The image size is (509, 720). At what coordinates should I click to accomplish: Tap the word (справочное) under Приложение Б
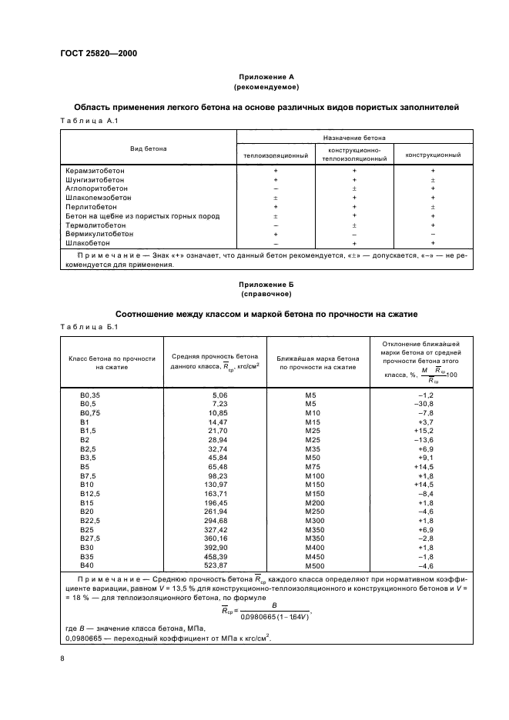click(x=254, y=294)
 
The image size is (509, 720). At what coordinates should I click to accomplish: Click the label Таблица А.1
click(x=87, y=121)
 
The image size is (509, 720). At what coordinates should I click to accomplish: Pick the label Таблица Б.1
click(x=87, y=327)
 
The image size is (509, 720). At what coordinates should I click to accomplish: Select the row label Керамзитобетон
click(x=95, y=171)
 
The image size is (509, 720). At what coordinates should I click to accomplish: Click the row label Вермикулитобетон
click(x=99, y=233)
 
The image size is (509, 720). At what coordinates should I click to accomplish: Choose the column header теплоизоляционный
click(x=275, y=155)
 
